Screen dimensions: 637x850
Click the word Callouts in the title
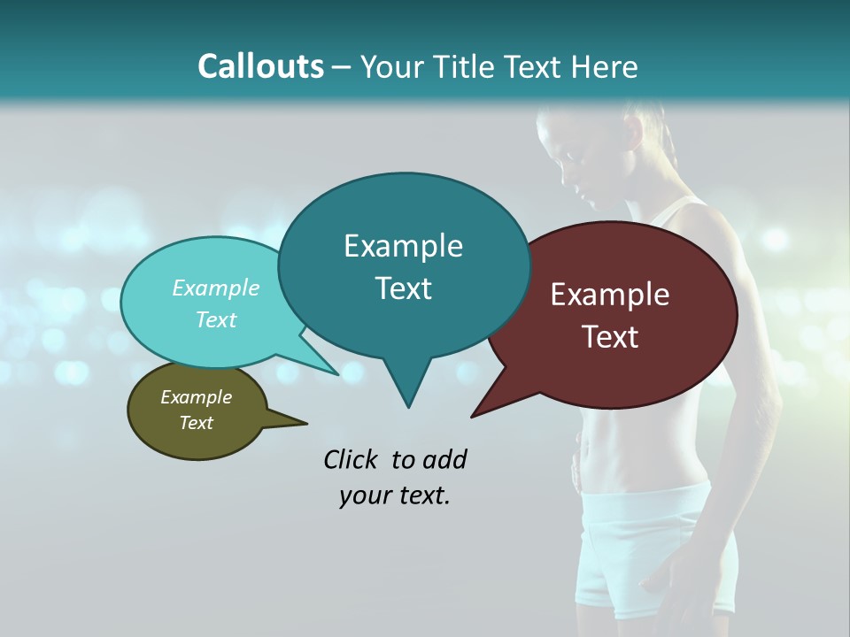260,66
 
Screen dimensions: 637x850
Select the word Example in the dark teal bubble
403,246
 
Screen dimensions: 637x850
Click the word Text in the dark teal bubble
403,288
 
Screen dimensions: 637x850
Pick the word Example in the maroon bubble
610,295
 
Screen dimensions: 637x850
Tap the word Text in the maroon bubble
610,337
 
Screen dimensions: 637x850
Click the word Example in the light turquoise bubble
216,288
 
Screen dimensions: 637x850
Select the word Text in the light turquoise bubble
216,319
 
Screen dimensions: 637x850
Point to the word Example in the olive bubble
196,397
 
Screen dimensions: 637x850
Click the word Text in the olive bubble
196,423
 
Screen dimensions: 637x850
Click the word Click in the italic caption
352,459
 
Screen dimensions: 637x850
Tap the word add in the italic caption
444,459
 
